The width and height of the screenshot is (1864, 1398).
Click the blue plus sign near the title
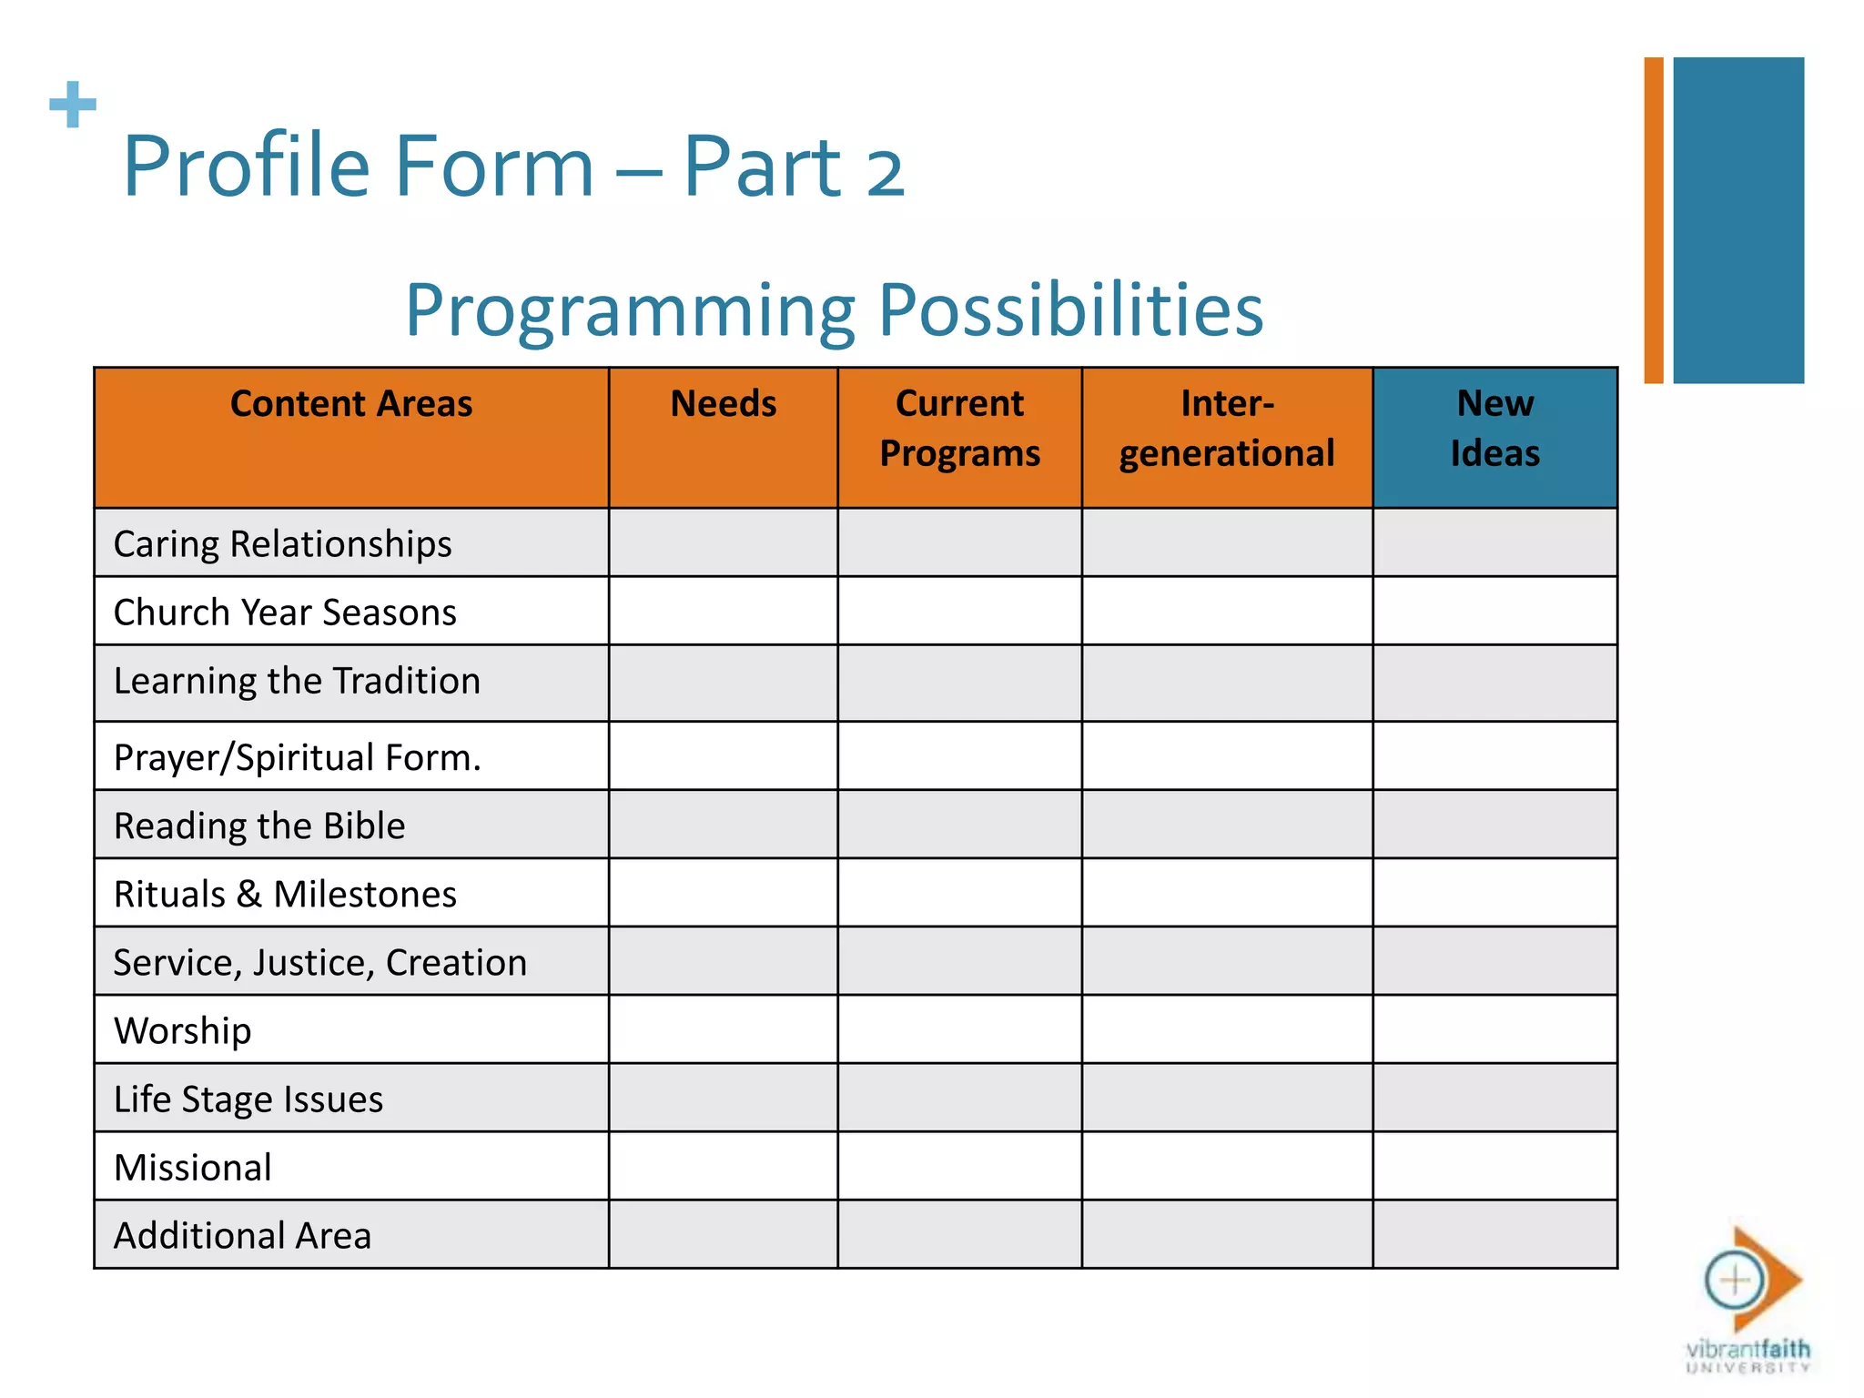click(73, 105)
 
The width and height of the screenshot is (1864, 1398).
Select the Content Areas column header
click(351, 404)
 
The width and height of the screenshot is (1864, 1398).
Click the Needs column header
click(723, 404)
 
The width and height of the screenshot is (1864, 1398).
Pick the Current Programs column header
click(959, 429)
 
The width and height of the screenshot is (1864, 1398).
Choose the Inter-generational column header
click(1226, 429)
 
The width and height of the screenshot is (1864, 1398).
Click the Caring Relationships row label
click(282, 544)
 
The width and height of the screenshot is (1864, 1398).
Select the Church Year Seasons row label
click(285, 613)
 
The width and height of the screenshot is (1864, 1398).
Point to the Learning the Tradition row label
click(297, 682)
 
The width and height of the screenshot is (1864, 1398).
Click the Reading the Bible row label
click(259, 826)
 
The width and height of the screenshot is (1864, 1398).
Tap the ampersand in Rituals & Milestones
click(248, 895)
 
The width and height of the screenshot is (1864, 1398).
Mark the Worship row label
click(183, 1031)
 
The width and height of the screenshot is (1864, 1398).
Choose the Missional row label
click(193, 1168)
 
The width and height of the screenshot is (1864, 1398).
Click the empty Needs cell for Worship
click(723, 1029)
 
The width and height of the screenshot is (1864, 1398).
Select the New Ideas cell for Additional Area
click(1494, 1234)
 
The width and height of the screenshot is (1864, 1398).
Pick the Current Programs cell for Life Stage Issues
click(959, 1098)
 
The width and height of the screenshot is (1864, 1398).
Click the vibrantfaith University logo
click(1748, 1302)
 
